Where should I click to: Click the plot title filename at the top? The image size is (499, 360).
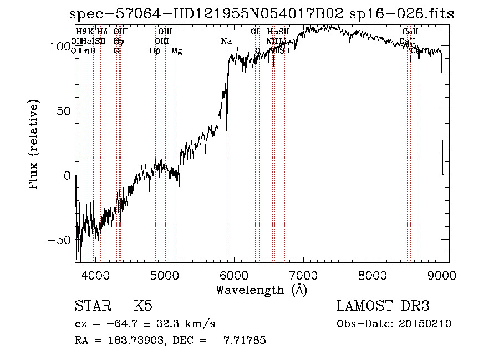[261, 14]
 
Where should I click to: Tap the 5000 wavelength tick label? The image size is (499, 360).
[164, 275]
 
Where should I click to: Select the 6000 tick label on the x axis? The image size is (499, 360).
[233, 275]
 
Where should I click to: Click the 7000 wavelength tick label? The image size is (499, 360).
[303, 275]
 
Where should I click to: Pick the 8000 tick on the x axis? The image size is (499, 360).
[373, 275]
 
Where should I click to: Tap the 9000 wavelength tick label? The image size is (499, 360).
[442, 275]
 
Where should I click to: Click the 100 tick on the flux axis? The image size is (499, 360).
[60, 47]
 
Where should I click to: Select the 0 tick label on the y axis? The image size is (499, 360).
[67, 175]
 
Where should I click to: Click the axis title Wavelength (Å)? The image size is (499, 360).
[261, 290]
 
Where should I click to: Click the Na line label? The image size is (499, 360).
[226, 42]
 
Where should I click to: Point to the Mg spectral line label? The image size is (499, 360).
[177, 51]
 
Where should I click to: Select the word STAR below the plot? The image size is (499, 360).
[94, 306]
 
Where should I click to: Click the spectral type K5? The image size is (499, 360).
[142, 306]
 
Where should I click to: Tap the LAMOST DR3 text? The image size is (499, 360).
[383, 306]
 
